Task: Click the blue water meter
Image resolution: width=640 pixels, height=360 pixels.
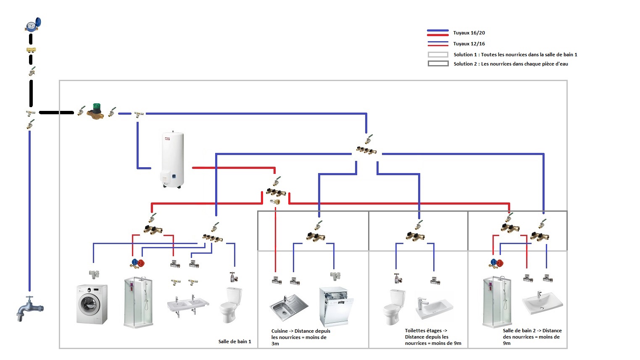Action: [33, 25]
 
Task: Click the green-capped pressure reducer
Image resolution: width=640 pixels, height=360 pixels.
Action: [97, 111]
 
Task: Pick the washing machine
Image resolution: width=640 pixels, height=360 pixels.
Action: [92, 304]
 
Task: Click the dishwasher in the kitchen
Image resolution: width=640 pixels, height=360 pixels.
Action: [336, 307]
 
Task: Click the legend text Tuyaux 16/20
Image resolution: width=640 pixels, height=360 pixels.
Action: [469, 33]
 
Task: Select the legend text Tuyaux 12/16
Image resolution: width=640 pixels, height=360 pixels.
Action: [469, 44]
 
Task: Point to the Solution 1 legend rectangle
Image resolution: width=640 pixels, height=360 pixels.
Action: [438, 55]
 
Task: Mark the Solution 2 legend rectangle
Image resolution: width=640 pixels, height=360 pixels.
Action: [438, 64]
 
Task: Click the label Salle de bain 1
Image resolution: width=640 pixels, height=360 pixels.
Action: [234, 342]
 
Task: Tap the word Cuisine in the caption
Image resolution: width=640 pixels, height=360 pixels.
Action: [279, 331]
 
